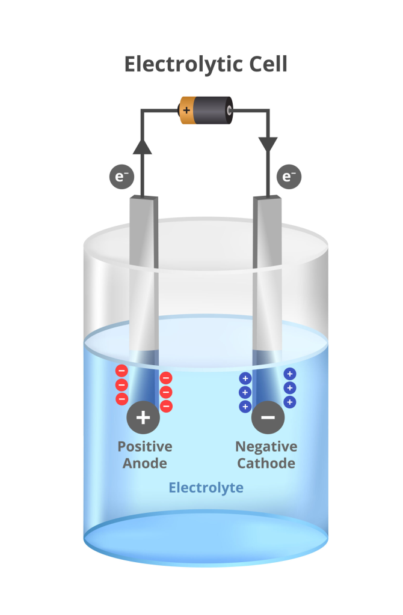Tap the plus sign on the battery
tap(186, 111)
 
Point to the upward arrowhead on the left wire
tap(142, 146)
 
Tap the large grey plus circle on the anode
tap(143, 417)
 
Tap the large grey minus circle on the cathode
tap(268, 417)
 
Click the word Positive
tap(145, 447)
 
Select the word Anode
tap(145, 464)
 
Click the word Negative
tap(266, 447)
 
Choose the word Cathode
tap(266, 464)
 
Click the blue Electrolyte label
tap(206, 487)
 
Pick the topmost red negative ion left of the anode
tap(122, 371)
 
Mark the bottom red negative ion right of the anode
tap(166, 407)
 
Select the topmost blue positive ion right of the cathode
tap(289, 374)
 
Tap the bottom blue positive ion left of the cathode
tap(245, 406)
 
